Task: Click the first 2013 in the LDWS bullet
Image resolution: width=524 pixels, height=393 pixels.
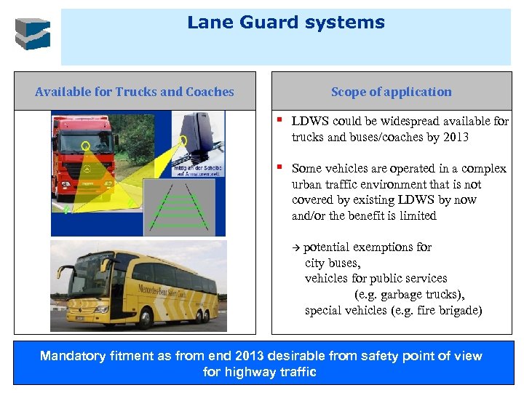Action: (x=455, y=137)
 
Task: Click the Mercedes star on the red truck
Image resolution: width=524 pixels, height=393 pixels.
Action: (x=86, y=169)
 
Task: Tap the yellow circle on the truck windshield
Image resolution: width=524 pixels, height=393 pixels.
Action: (x=85, y=145)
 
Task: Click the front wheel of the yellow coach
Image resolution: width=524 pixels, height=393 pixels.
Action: (x=145, y=317)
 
